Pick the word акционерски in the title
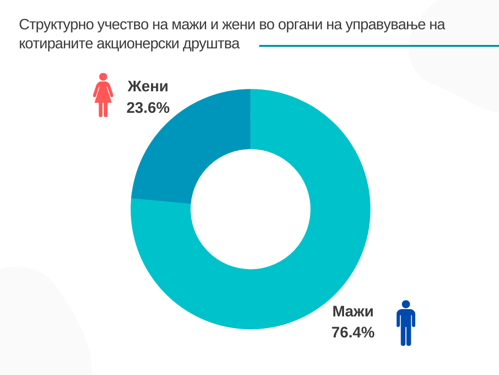138,44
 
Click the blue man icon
406,324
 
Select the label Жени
148,87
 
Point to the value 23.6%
148,108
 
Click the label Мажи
353,312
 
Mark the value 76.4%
353,333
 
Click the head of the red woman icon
103,77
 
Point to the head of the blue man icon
406,304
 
